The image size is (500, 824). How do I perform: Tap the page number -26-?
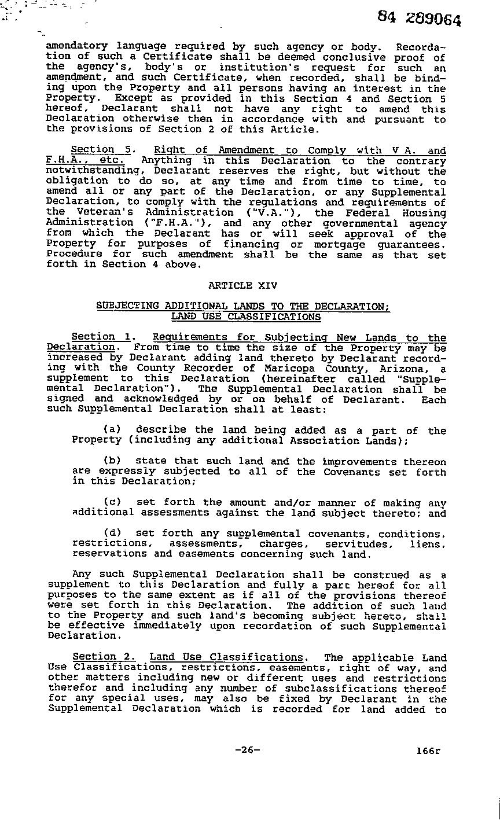pyautogui.click(x=248, y=750)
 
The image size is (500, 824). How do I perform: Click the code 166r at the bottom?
pyautogui.click(x=428, y=751)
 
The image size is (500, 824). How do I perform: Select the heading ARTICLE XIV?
pyautogui.click(x=242, y=285)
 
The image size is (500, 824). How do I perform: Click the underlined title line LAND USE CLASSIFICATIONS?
pyautogui.click(x=246, y=317)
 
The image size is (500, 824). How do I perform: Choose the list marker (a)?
pyautogui.click(x=112, y=431)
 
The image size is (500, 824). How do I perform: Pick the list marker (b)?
pyautogui.click(x=112, y=462)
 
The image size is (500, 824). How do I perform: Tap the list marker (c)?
pyautogui.click(x=112, y=503)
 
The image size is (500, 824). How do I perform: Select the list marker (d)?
pyautogui.click(x=112, y=534)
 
